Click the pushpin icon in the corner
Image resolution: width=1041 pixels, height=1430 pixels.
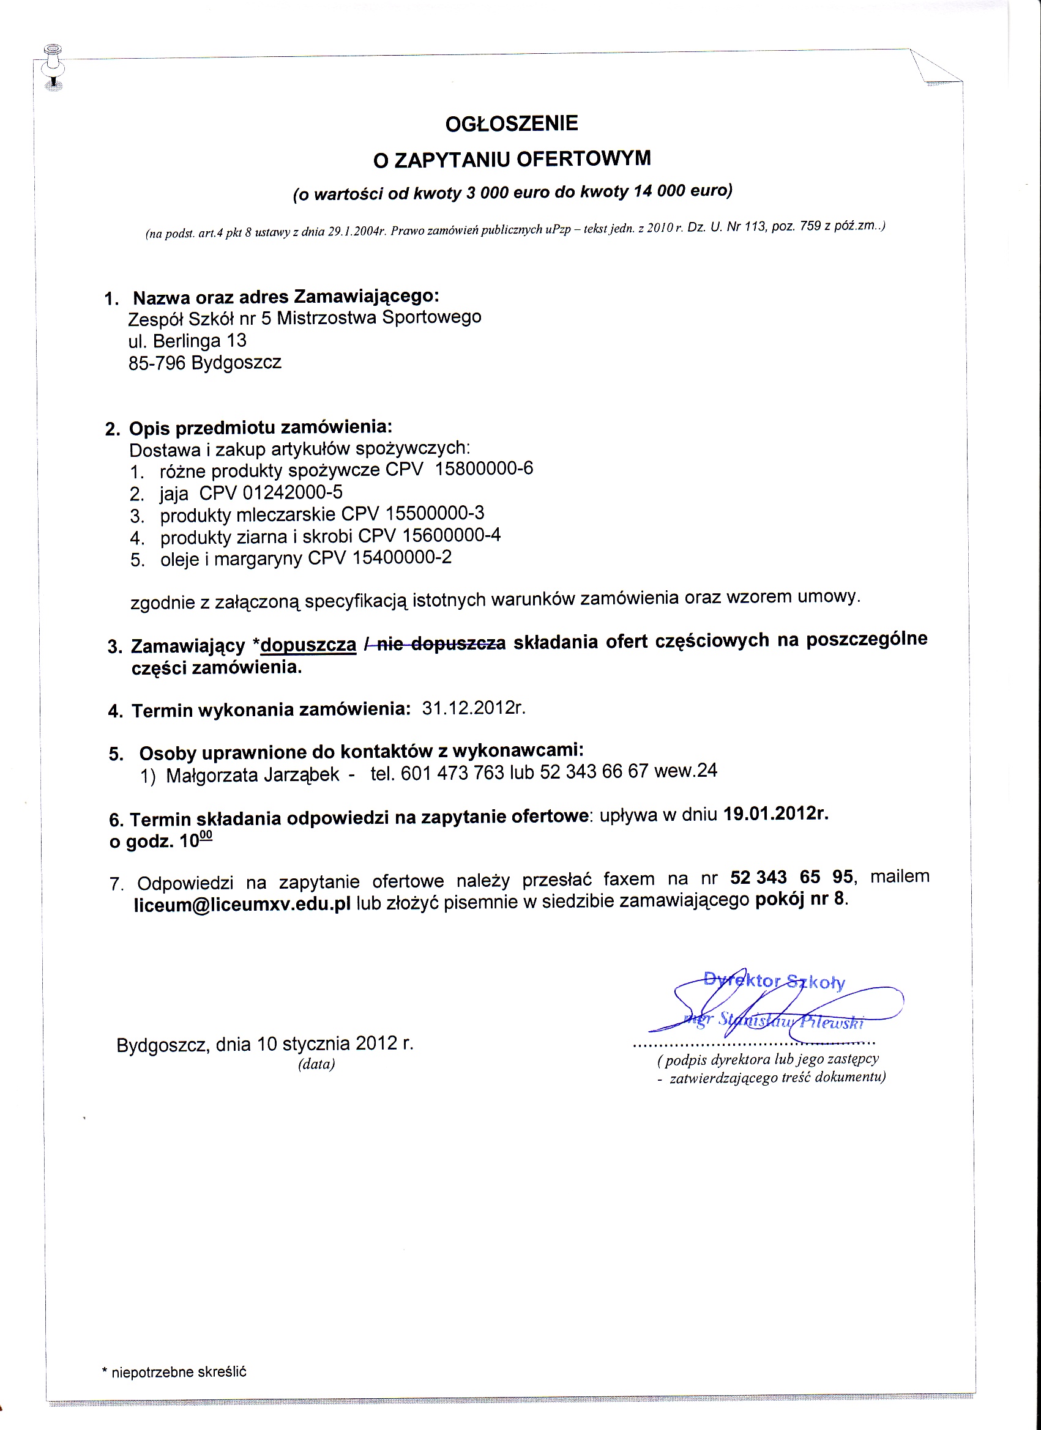point(54,67)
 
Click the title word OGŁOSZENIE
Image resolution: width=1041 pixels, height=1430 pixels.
point(512,124)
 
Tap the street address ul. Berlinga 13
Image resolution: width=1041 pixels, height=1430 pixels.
point(187,342)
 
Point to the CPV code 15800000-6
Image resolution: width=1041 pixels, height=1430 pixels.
point(484,469)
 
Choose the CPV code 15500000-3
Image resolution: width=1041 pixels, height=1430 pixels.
point(435,514)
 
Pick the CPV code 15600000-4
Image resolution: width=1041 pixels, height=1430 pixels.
point(451,536)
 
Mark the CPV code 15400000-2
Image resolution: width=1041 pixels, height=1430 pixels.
point(402,558)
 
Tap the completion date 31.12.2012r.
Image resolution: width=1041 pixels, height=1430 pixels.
point(474,708)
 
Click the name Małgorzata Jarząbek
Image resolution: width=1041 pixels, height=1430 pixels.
point(252,775)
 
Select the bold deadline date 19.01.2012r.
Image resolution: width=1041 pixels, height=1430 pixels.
point(775,814)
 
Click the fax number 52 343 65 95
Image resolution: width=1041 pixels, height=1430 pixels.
point(792,878)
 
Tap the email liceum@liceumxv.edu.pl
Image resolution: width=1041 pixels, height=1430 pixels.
point(242,905)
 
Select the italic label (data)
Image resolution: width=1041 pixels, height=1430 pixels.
point(317,1065)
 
